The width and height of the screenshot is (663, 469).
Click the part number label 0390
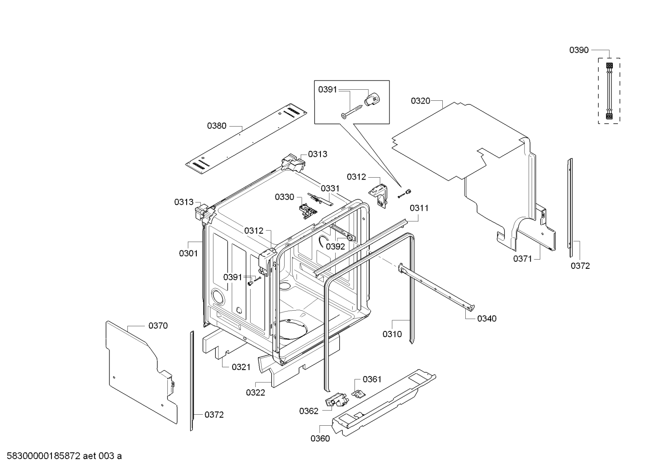579,50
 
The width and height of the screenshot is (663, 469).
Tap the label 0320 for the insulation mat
420,101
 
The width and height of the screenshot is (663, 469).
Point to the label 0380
217,126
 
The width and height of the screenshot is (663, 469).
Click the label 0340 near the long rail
486,318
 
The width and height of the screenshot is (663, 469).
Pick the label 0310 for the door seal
392,334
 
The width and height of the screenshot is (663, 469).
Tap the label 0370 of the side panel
158,326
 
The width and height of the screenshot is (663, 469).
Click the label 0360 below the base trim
320,439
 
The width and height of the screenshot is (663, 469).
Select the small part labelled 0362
336,401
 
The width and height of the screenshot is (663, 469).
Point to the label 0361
372,379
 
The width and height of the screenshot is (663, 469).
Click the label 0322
255,393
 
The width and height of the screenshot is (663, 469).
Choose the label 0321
241,367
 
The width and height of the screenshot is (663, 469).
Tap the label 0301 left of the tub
188,253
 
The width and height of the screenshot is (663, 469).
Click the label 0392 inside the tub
335,246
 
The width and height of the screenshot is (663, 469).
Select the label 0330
284,197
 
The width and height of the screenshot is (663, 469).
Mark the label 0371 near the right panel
522,259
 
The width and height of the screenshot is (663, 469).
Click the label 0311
419,208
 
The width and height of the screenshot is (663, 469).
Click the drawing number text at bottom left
62,456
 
